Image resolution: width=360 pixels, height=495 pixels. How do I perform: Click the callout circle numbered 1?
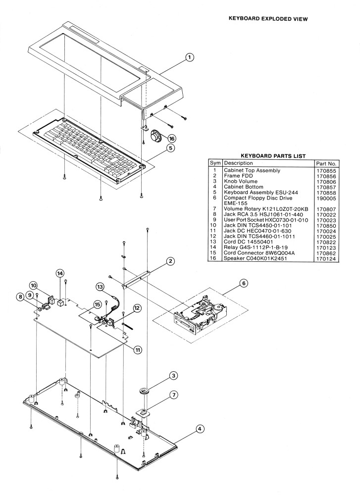(x=189, y=58)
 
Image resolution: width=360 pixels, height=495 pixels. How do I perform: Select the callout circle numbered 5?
(x=170, y=148)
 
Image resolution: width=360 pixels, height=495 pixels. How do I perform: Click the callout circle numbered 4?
(x=200, y=429)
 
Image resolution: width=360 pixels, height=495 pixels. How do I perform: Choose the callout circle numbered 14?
(x=60, y=273)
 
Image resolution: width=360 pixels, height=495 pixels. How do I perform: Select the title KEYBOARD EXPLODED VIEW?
(x=267, y=19)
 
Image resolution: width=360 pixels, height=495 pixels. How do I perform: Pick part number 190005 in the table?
(x=326, y=196)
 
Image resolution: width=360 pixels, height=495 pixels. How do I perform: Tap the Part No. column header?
(x=326, y=163)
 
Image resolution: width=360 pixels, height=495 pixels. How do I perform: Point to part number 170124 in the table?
(x=326, y=258)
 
